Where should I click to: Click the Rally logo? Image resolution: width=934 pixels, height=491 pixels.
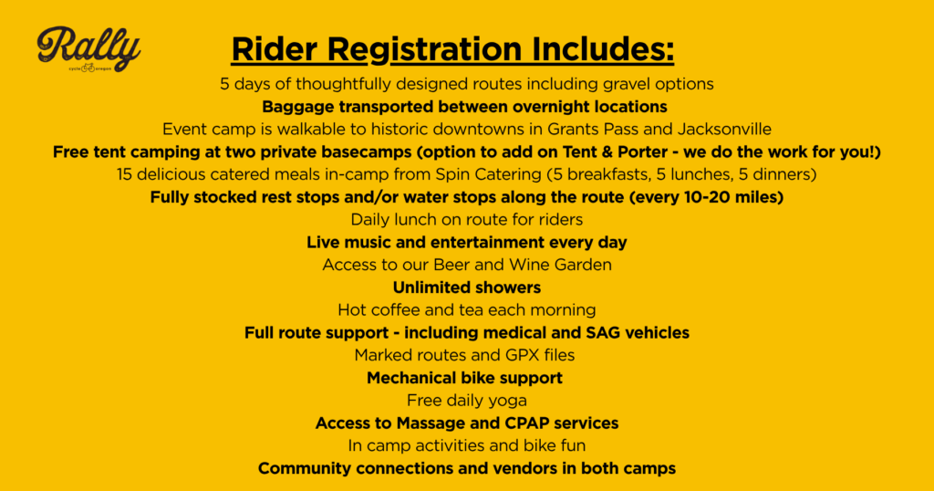click(x=88, y=49)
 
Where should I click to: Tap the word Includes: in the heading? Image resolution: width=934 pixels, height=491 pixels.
click(x=603, y=48)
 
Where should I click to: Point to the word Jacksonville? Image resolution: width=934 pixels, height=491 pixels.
click(x=724, y=130)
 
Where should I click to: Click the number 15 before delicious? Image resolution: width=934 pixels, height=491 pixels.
click(x=124, y=174)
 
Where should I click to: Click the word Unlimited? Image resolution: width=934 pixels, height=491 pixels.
click(x=425, y=287)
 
